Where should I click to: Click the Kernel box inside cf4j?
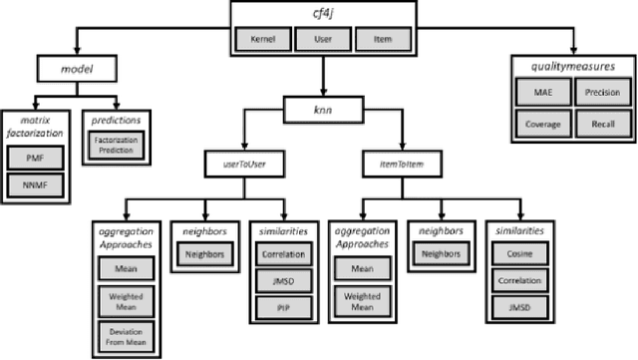tap(263, 42)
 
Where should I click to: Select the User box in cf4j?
tap(323, 42)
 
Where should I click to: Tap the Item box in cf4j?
tap(381, 42)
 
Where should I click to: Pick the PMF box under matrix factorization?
tap(35, 157)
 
